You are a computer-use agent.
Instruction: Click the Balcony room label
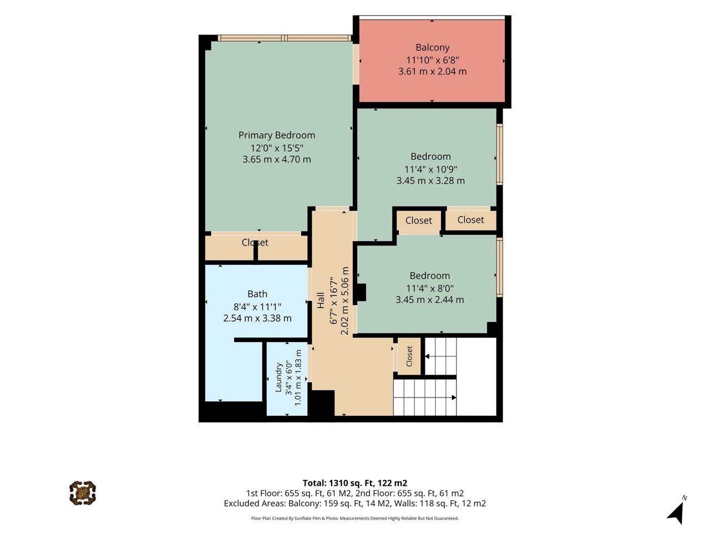coord(433,48)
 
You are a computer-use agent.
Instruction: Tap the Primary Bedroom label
coord(277,135)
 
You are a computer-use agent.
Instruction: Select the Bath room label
coord(257,294)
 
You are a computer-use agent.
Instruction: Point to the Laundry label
coord(278,378)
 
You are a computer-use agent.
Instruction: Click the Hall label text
coord(321,300)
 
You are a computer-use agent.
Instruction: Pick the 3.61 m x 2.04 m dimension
coord(433,71)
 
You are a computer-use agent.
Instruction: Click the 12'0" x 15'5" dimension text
coord(277,148)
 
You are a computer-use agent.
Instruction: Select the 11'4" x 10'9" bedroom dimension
coord(430,169)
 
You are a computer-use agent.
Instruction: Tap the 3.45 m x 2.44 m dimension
coord(429,300)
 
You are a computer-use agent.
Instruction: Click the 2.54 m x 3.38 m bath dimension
coord(257,318)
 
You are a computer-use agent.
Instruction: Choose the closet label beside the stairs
coord(409,356)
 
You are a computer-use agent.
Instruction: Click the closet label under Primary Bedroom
coord(255,243)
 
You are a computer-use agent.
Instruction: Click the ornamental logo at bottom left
coord(83,493)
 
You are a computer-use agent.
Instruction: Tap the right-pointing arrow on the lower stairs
coord(454,398)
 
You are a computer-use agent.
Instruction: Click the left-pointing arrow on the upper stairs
coord(427,356)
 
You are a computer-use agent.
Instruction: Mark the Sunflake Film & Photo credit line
coord(355,518)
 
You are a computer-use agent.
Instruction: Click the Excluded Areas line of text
coord(355,503)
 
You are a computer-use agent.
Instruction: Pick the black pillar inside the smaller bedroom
coord(361,292)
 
